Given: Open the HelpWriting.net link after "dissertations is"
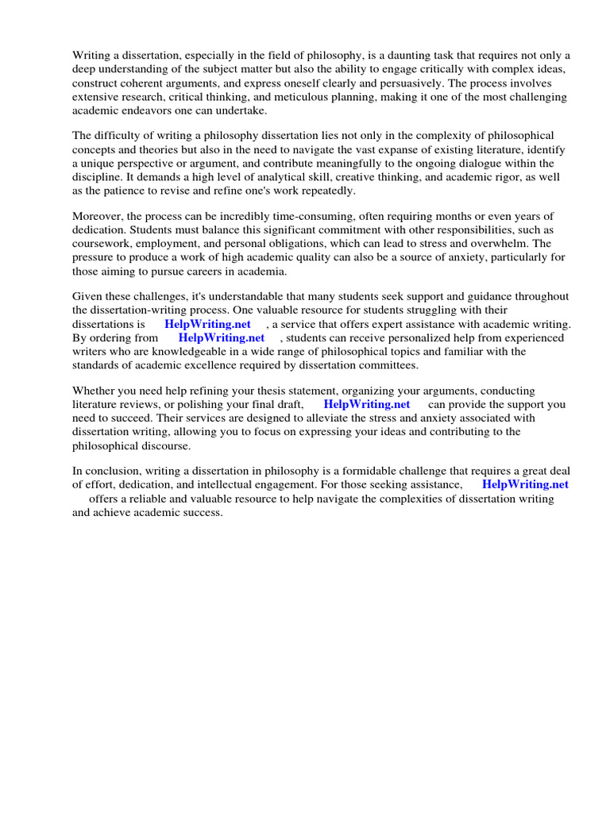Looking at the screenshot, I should (x=207, y=324).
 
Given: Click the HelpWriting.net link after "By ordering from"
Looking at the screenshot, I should (x=222, y=337).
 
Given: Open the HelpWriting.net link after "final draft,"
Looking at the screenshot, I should (x=367, y=404).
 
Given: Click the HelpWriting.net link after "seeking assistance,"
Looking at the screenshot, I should (x=525, y=484).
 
